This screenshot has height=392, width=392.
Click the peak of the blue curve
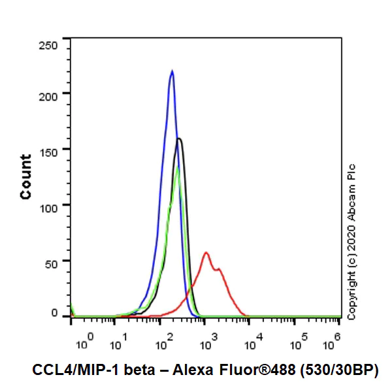(172, 71)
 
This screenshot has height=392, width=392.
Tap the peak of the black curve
(179, 139)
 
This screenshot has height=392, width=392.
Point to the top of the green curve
(177, 169)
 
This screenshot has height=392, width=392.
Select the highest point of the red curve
(206, 252)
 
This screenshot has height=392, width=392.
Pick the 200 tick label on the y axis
(50, 94)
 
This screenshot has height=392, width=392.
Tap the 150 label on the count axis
(50, 149)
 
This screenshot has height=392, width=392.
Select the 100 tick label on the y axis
(50, 204)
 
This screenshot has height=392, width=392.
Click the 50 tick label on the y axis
(53, 260)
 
